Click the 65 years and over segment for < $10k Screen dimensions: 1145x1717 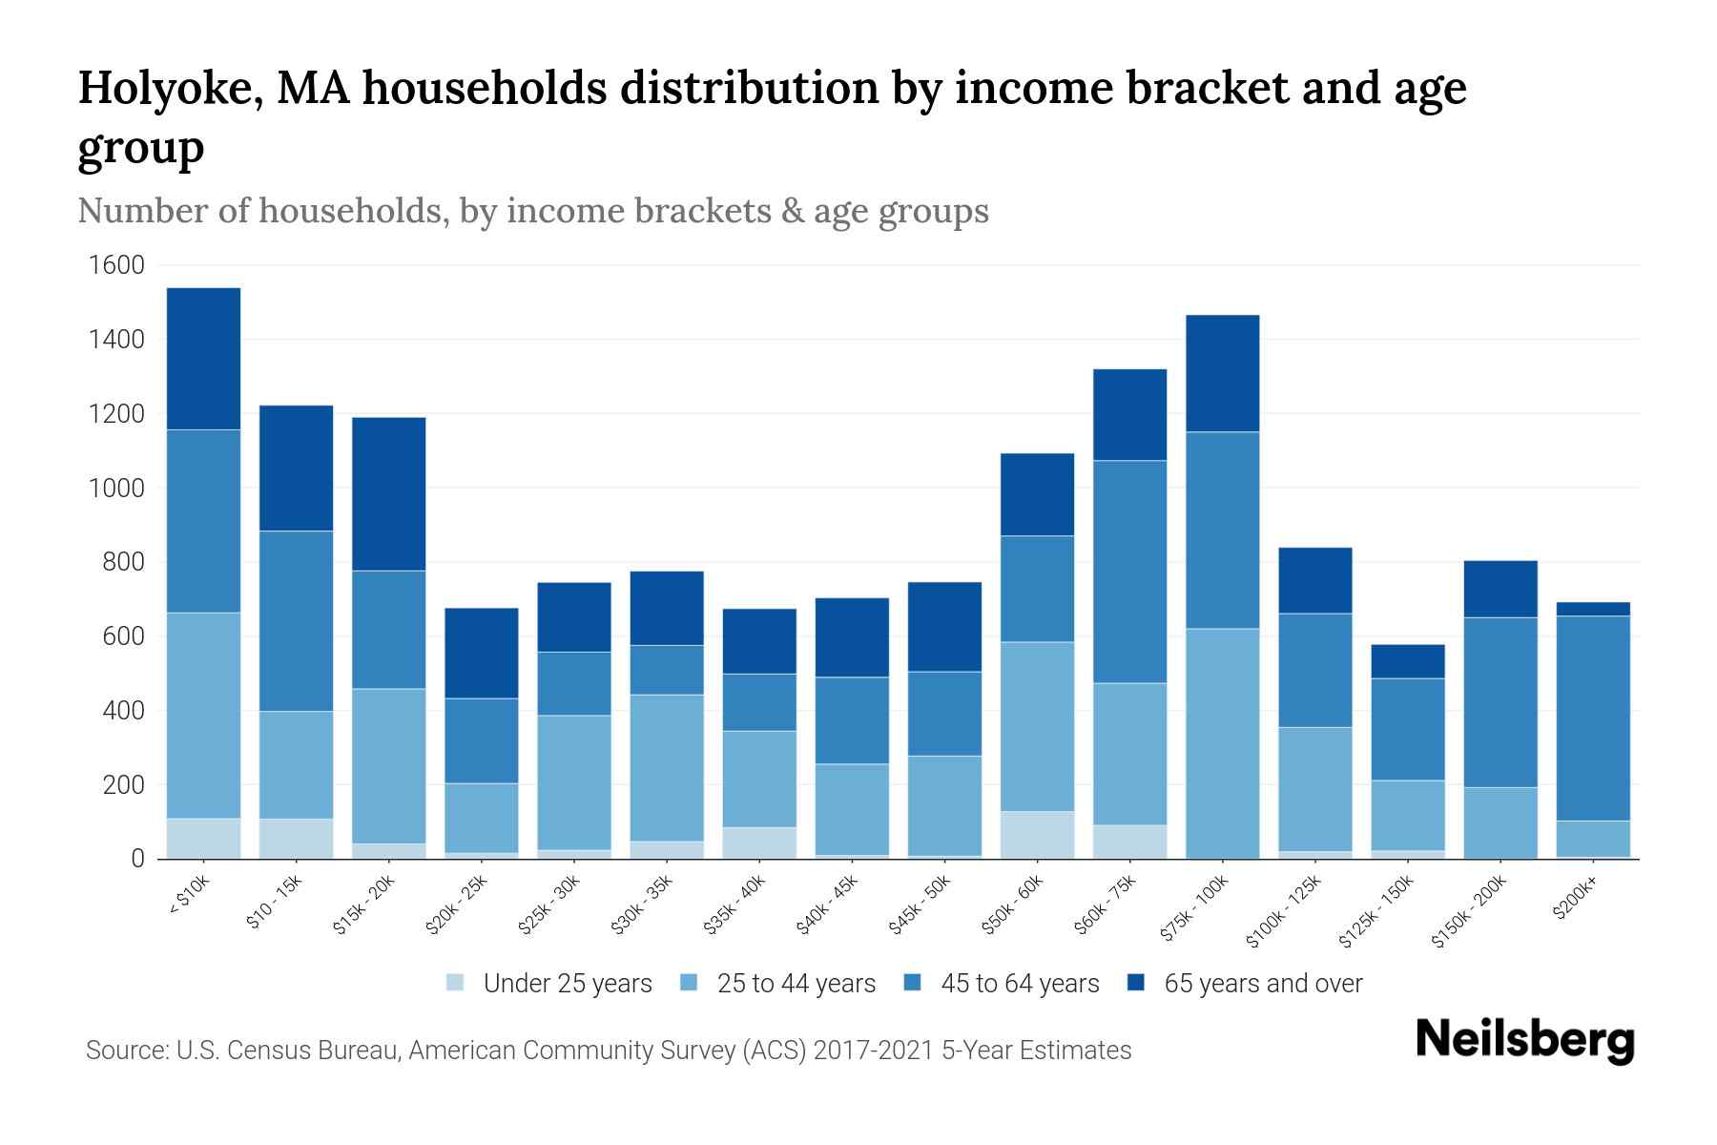click(203, 359)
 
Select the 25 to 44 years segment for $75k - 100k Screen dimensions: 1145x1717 click(1222, 743)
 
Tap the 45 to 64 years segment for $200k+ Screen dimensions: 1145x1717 click(1592, 718)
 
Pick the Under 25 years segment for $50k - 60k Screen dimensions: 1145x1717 click(1037, 835)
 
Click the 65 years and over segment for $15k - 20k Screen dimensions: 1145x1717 click(388, 493)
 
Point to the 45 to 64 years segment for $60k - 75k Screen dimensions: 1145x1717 click(1129, 572)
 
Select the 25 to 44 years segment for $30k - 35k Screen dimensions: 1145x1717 click(667, 767)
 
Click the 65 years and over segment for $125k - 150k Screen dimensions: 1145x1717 click(1407, 661)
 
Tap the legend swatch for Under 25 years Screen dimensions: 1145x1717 click(456, 983)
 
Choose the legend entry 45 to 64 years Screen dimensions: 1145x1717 click(1019, 984)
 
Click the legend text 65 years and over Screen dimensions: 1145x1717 click(1262, 984)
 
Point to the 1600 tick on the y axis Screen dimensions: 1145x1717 click(116, 265)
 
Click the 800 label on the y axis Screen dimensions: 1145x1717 click(124, 562)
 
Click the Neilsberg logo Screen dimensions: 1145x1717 click(1524, 1040)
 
